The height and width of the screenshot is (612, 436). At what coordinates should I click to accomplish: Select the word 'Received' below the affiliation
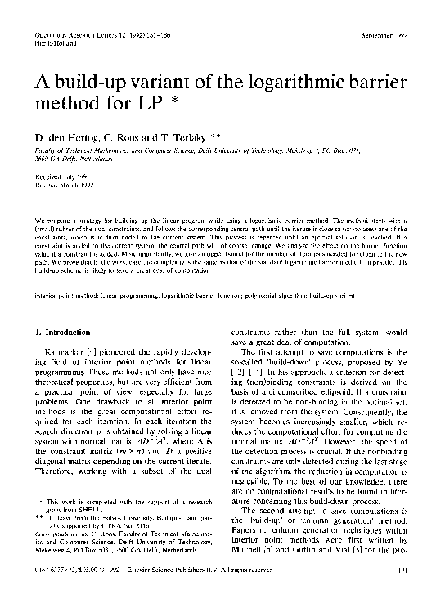pyautogui.click(x=48, y=175)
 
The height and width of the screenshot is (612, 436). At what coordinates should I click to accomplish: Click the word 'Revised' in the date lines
pyautogui.click(x=47, y=183)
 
